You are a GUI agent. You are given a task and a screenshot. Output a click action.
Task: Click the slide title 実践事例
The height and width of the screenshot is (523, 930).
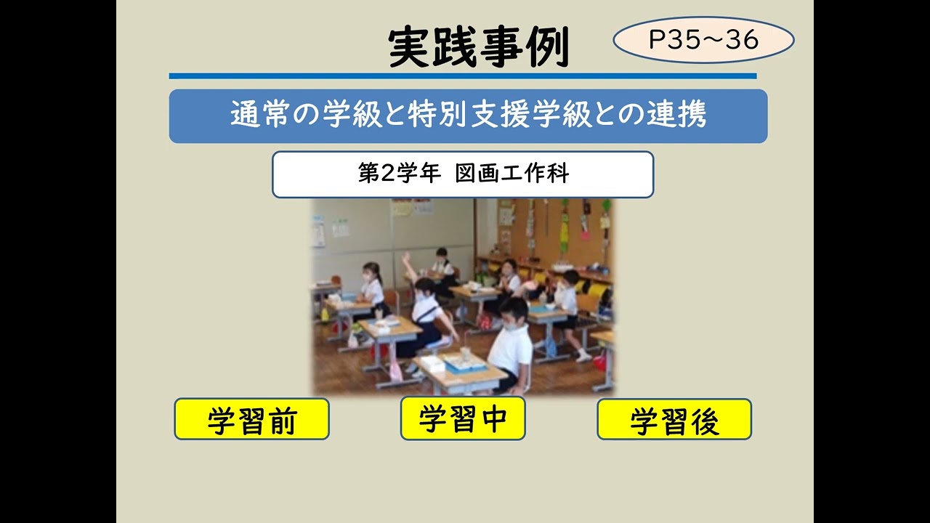pos(478,49)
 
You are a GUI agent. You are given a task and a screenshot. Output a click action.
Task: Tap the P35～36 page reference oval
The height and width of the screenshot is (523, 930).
pos(703,40)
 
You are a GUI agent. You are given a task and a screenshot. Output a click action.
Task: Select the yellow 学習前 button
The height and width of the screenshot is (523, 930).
pos(251,419)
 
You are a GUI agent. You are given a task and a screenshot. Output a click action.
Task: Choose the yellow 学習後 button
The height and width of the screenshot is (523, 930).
pos(674,419)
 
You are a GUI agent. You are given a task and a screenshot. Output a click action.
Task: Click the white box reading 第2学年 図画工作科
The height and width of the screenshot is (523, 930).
pos(463,174)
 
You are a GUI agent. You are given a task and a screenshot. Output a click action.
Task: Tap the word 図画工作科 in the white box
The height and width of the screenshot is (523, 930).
pos(512,174)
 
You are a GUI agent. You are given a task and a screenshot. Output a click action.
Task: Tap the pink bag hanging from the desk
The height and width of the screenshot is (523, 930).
pos(395,369)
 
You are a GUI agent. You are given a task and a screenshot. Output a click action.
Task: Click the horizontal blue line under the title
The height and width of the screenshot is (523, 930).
pos(462,76)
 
